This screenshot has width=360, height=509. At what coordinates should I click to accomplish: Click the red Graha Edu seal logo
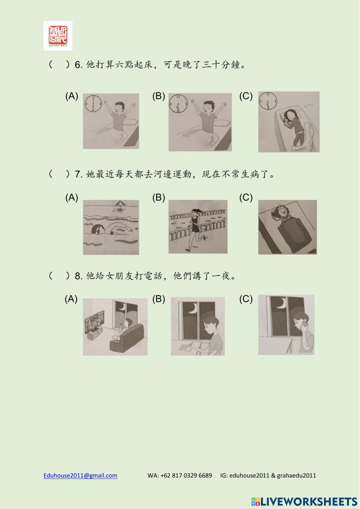(x=58, y=35)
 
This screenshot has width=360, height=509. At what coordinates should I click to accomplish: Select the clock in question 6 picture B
(x=178, y=104)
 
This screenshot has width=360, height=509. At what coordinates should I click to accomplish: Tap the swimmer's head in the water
(x=98, y=229)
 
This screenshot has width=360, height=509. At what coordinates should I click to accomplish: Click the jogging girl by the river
(x=196, y=229)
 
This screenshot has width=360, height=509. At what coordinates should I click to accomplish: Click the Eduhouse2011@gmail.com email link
(x=80, y=475)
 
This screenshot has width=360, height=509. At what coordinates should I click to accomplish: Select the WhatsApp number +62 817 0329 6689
(x=180, y=475)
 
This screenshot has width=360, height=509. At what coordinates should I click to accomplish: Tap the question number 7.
(x=78, y=174)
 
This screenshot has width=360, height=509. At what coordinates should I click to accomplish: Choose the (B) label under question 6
(x=158, y=96)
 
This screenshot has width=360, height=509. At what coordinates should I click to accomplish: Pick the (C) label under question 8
(x=246, y=299)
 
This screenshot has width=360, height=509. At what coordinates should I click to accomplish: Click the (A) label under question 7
(x=72, y=197)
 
